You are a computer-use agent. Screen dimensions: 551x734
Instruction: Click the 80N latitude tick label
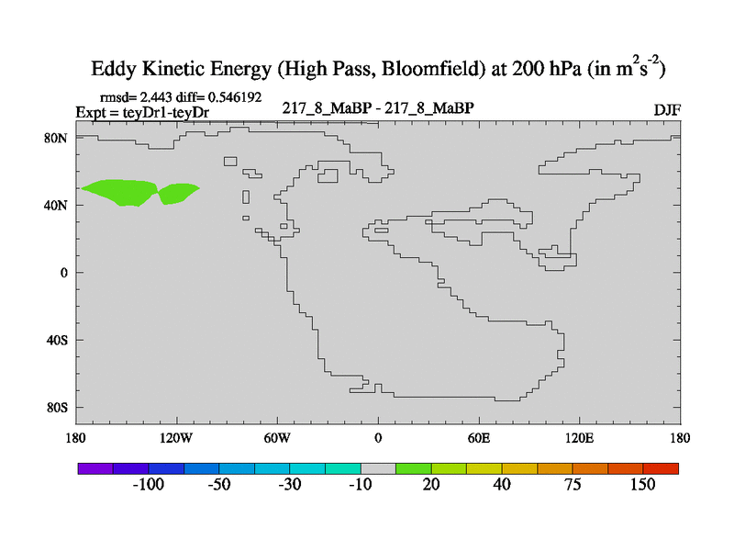tap(57, 138)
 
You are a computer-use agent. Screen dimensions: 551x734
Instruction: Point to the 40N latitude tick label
tap(57, 205)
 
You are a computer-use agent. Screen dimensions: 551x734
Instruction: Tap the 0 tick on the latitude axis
tap(64, 273)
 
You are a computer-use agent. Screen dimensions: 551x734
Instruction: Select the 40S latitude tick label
tap(57, 340)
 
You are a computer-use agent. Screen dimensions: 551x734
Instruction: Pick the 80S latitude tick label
tap(57, 407)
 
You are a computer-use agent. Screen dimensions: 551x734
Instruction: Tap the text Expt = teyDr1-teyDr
tap(142, 111)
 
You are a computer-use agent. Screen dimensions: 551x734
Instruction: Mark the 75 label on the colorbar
tap(573, 485)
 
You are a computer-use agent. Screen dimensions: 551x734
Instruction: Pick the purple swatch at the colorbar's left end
tap(95, 468)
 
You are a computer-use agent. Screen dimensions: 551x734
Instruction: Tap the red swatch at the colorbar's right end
tap(661, 468)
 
